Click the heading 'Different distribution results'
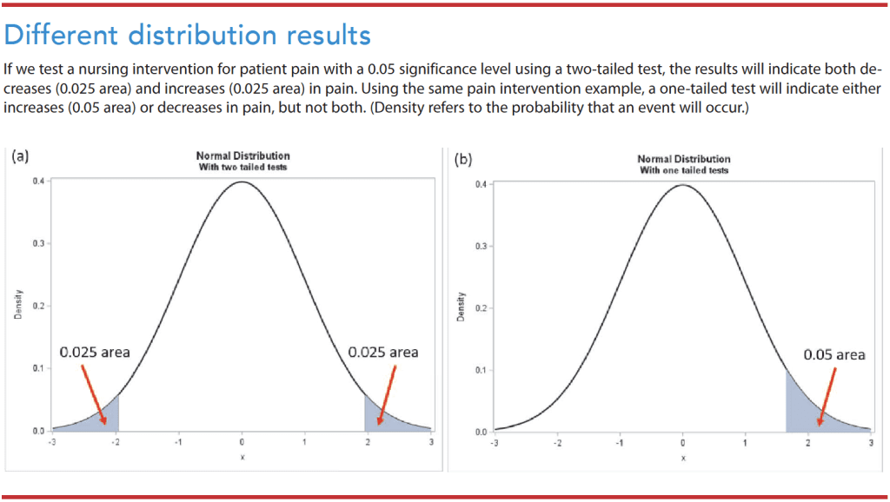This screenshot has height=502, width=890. click(188, 35)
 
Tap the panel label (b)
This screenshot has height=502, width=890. click(463, 160)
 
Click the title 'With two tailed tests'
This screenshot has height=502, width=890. click(242, 167)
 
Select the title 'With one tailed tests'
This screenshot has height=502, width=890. click(684, 170)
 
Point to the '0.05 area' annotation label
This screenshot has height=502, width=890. click(834, 354)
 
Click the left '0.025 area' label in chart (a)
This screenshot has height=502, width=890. click(95, 352)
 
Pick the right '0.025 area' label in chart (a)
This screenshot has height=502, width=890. click(382, 352)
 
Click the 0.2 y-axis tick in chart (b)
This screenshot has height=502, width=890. click(480, 308)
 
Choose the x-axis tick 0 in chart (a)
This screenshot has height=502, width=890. click(242, 443)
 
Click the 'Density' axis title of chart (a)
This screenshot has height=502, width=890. click(18, 305)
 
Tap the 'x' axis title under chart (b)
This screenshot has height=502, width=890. click(683, 458)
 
